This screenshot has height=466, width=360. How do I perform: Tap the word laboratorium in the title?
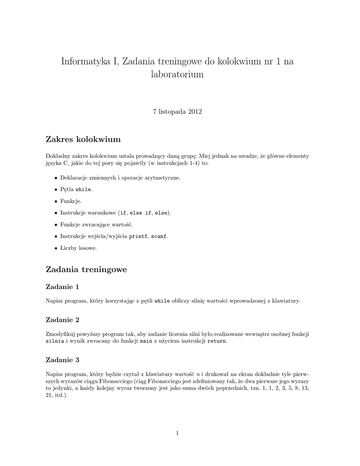pos(177,75)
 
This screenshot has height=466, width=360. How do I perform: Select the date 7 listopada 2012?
pos(177,111)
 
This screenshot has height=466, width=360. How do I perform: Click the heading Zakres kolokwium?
pos(83,138)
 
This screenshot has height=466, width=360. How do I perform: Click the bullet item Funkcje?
pos(71,201)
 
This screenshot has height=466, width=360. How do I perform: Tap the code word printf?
pos(139,237)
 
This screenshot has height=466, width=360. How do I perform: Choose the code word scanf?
pos(159,237)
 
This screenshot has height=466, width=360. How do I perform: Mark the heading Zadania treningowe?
pos(86,270)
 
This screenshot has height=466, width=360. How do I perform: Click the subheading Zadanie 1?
pos(63,287)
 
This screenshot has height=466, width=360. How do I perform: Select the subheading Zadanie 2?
pos(63,319)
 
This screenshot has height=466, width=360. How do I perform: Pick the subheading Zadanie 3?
pos(63,360)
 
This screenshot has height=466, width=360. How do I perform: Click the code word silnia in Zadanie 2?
pos(55,341)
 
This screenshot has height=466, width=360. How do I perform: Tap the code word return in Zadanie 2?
pos(216,341)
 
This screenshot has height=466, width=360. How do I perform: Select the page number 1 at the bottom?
pos(177,433)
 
